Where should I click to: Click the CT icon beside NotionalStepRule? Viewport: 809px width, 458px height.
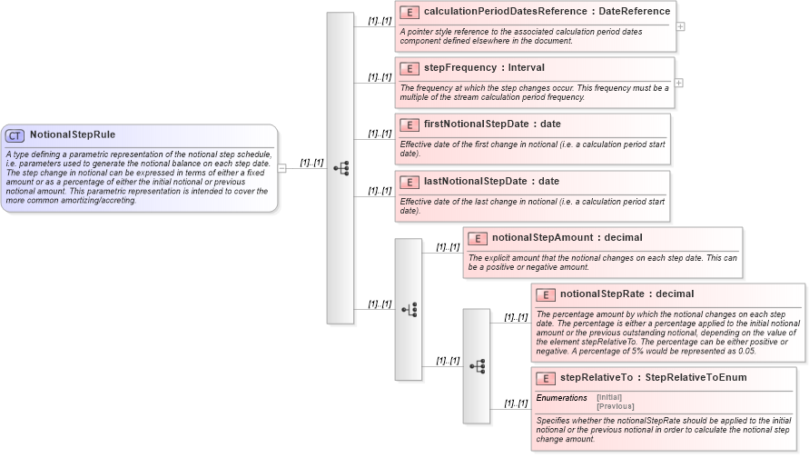(15, 135)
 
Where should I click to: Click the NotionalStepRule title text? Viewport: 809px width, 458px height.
(73, 135)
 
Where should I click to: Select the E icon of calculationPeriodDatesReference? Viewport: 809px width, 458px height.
(409, 12)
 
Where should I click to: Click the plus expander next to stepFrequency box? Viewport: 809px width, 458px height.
(679, 83)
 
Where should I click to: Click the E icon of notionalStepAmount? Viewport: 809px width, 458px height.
(478, 238)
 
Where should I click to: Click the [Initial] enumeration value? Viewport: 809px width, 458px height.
(609, 398)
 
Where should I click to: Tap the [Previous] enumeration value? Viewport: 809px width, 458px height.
(615, 406)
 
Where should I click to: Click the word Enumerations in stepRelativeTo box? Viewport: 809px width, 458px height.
(562, 398)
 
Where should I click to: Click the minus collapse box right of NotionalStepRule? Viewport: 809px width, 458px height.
(282, 168)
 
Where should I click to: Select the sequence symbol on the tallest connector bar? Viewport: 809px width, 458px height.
(340, 168)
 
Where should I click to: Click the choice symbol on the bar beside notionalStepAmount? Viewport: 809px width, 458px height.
(409, 310)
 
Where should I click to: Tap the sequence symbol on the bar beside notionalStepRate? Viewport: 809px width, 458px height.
(477, 366)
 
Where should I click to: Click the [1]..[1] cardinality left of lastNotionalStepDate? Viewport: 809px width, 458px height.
(380, 191)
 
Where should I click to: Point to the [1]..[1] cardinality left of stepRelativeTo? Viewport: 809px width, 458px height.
(516, 403)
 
